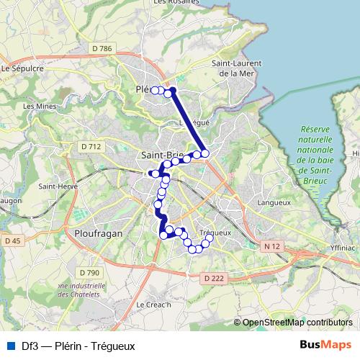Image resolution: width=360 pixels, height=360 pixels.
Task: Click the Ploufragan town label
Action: (x=99, y=233)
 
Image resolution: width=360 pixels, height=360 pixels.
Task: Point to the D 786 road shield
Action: (x=103, y=48)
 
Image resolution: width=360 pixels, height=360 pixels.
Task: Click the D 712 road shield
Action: (x=91, y=146)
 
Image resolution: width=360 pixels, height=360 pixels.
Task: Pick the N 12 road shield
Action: (x=271, y=246)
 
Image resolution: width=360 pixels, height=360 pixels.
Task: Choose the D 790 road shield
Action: (x=89, y=272)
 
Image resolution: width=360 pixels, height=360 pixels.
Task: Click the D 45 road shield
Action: (x=11, y=240)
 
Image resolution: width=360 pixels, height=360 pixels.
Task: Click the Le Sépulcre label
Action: (x=23, y=68)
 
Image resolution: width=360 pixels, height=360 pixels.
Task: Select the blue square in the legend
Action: (x=9, y=346)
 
